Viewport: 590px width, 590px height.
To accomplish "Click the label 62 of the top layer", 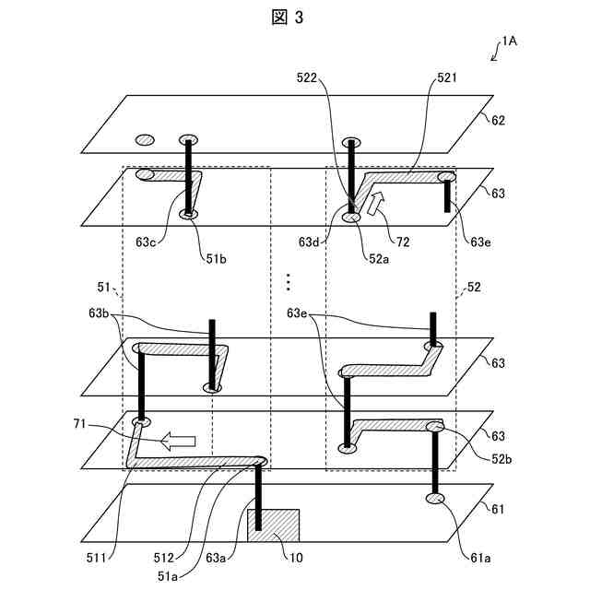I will point(498,120).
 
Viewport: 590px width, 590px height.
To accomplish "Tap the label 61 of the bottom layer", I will point(498,509).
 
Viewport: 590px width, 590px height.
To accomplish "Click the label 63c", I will point(146,242).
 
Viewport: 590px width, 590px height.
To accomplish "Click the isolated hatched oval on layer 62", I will point(145,140).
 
